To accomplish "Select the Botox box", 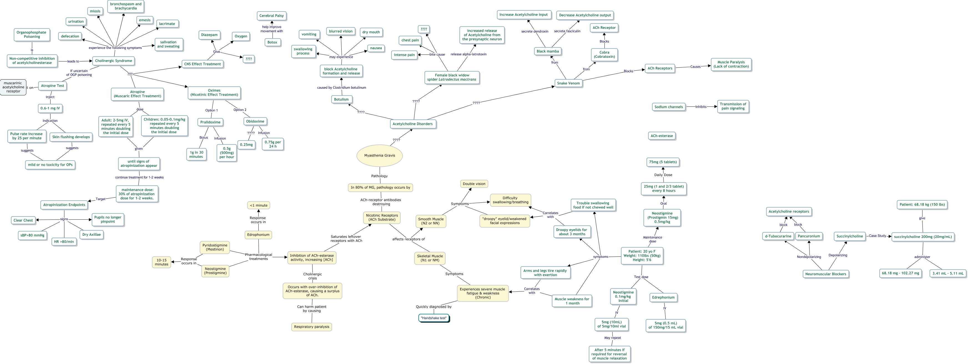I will [x=272, y=42].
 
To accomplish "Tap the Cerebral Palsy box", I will [x=271, y=16].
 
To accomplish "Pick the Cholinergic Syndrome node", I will [x=113, y=61].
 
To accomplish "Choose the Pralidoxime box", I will [x=210, y=122].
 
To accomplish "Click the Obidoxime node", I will [x=255, y=121].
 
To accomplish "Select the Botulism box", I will [x=341, y=99].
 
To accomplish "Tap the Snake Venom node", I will [x=568, y=83].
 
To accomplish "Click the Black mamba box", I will [x=548, y=51].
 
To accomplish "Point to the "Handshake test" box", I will [x=434, y=318].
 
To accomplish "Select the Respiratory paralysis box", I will [x=311, y=327].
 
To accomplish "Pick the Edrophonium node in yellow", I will [x=258, y=235].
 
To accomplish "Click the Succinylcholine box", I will [x=849, y=236].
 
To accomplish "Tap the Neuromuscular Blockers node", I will [x=826, y=274].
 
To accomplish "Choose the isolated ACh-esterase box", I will [x=661, y=136].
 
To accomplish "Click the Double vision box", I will [x=474, y=184].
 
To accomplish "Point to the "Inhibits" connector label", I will [x=700, y=107].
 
